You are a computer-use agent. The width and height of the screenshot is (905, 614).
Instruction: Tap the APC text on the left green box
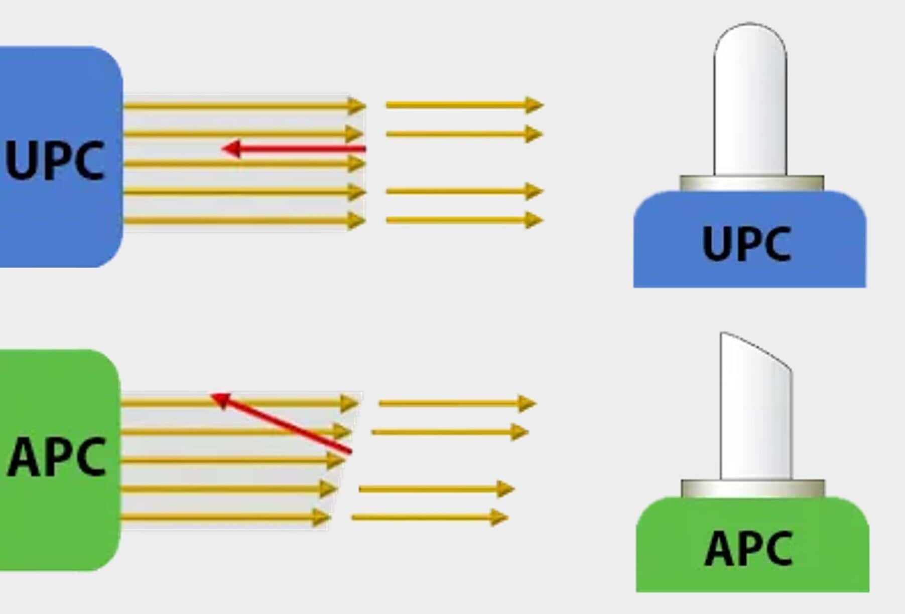tap(56, 457)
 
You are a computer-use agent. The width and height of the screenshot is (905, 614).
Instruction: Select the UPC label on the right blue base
tap(747, 244)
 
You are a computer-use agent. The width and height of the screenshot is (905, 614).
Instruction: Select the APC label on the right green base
tap(748, 549)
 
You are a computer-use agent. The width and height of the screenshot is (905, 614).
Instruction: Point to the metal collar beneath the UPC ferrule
tap(751, 183)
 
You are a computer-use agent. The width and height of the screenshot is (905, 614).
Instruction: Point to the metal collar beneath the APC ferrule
tap(752, 488)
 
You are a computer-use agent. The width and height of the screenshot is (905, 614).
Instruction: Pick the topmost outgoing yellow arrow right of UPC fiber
tap(464, 105)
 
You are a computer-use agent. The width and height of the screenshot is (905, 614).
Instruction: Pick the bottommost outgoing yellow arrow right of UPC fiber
tap(464, 220)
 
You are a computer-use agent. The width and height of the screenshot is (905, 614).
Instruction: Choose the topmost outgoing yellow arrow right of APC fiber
tap(457, 403)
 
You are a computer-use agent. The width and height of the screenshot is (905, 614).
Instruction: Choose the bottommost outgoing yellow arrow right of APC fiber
tap(429, 517)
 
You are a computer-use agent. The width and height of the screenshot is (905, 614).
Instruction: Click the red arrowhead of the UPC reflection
tap(231, 149)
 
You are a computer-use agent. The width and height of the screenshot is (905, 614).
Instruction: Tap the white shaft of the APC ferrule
tap(756, 427)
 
